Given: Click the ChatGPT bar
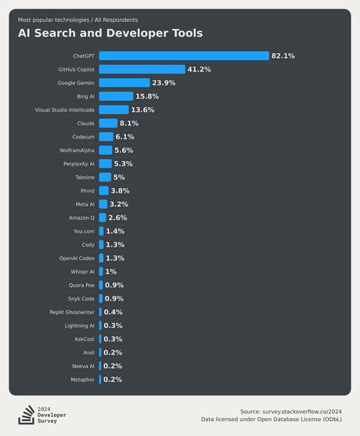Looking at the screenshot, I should pyautogui.click(x=183, y=56).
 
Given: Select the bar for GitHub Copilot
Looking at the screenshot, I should pyautogui.click(x=142, y=69).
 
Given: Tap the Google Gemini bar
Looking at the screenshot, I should pyautogui.click(x=124, y=83).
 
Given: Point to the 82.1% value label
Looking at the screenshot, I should pyautogui.click(x=283, y=56).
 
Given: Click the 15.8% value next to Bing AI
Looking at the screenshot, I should pyautogui.click(x=147, y=96).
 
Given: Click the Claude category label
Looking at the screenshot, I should pyautogui.click(x=85, y=123).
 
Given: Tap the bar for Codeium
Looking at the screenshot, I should pyautogui.click(x=106, y=137).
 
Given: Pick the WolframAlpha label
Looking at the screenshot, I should pyautogui.click(x=77, y=150).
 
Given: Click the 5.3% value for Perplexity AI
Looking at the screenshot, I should pyautogui.click(x=123, y=164).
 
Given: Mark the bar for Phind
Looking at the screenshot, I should pyautogui.click(x=103, y=191).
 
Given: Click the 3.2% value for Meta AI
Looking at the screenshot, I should pyautogui.click(x=119, y=204).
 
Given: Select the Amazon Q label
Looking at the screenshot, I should pyautogui.click(x=81, y=218).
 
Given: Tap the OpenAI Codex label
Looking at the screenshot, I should pyautogui.click(x=77, y=258).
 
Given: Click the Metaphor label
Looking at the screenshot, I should pyautogui.click(x=81, y=380).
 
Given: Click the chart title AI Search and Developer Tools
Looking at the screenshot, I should pyautogui.click(x=110, y=33).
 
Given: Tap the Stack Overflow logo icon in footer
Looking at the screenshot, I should pyautogui.click(x=26, y=414).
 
